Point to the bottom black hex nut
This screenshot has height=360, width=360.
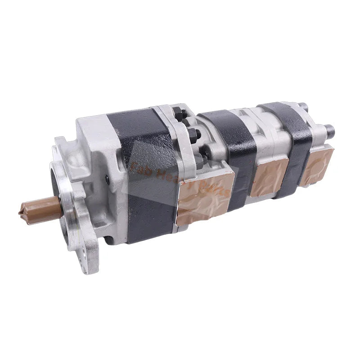click(x=201, y=157)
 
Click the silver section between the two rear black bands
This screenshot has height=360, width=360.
click(x=265, y=130)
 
